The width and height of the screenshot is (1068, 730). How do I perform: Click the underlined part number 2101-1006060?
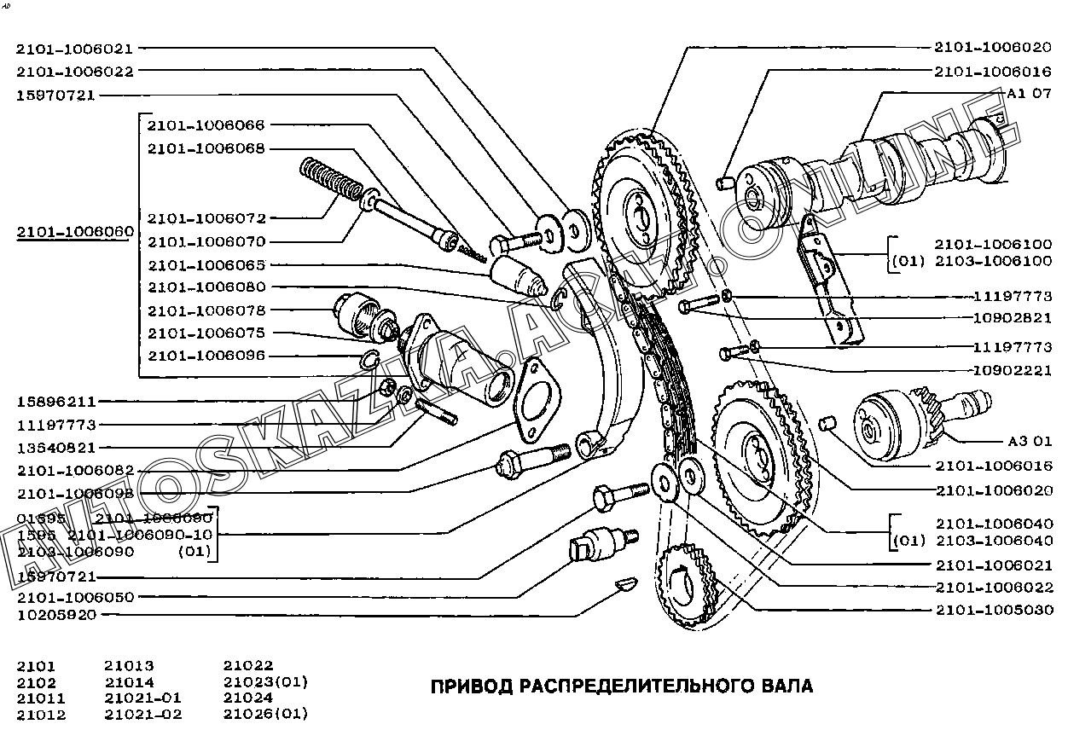[x=74, y=232]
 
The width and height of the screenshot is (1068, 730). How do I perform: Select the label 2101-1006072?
[x=206, y=218]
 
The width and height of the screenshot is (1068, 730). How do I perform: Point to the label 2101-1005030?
[x=994, y=611]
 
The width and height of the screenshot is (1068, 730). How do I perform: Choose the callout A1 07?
[x=1029, y=95]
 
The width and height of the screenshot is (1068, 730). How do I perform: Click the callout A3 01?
[x=1029, y=442]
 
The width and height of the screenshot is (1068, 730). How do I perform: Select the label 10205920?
[x=56, y=615]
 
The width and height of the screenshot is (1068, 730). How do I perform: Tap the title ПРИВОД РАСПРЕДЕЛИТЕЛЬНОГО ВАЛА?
[x=621, y=687]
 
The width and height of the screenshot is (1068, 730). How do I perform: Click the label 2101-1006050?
[x=75, y=598]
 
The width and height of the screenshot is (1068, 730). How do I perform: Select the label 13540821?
[x=56, y=447]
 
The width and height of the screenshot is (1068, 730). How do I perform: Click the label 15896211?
[x=56, y=401]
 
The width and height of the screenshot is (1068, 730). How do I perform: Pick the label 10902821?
[x=1013, y=318]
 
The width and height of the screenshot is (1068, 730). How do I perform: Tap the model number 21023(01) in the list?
[x=265, y=682]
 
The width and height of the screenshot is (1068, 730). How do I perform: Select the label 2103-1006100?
[x=993, y=262]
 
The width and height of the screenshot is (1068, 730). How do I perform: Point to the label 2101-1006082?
[x=75, y=470]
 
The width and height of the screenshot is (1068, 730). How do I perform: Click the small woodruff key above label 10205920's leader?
[x=626, y=585]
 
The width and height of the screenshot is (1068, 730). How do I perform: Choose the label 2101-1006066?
[x=206, y=125]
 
